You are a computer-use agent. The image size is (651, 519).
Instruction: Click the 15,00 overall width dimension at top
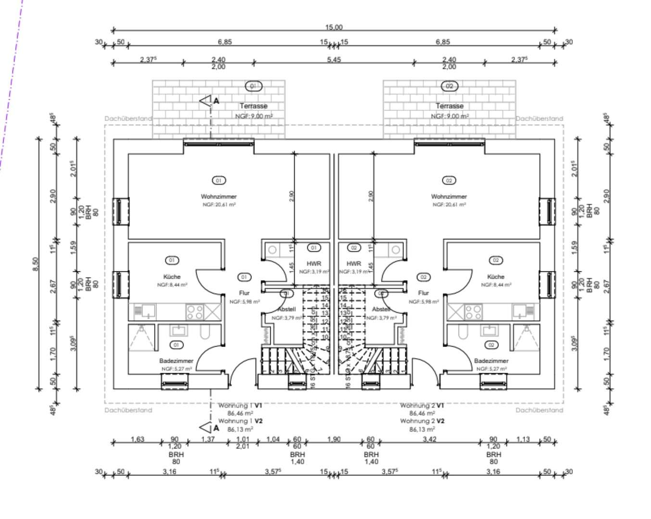pos(334,27)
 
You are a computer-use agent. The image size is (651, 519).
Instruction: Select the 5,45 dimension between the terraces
pos(334,60)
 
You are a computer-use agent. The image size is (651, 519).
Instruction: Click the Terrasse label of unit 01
pos(253,106)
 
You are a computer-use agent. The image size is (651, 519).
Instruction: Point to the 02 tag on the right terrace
pos(449,86)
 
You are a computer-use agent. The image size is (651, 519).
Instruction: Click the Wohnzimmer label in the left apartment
pos(219,197)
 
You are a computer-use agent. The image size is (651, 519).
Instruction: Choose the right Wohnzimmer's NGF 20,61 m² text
pos(449,205)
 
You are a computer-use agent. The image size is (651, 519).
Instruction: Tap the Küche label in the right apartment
pos(496,277)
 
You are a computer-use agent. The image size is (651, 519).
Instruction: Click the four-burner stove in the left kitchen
pos(195,312)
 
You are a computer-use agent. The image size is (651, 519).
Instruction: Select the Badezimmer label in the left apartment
pos(176,361)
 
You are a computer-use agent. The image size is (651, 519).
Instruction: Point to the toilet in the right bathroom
pos(463,332)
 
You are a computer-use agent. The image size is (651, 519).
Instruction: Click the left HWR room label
pos(313,264)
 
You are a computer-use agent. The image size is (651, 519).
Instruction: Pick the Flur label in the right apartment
pos(423,293)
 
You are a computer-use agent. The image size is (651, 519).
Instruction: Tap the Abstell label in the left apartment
pos(287,309)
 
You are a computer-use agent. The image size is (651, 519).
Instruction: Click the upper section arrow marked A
pos(207,101)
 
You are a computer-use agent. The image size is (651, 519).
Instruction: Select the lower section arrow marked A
pos(207,427)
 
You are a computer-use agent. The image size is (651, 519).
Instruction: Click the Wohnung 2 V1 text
pos(422,406)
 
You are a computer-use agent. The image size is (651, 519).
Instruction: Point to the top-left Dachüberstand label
pos(128,119)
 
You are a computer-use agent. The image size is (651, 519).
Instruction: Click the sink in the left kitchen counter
pos(145,311)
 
